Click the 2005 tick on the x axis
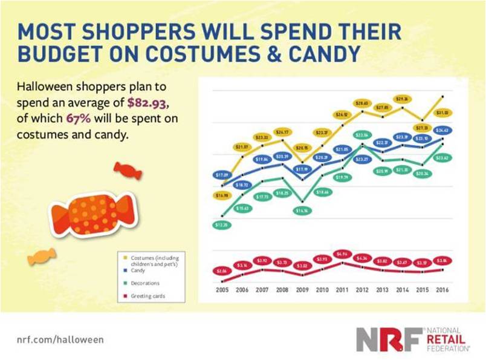coord(222,290)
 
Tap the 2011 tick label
coord(342,290)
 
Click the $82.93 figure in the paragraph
coord(142,100)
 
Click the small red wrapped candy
coord(128,171)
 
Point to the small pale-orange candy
coord(42,257)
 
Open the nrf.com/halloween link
coord(60,339)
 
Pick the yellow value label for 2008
coord(282,132)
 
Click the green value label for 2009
coord(301,211)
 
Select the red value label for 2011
coord(342,254)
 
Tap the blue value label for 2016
coord(441,130)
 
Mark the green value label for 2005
coord(222,225)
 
